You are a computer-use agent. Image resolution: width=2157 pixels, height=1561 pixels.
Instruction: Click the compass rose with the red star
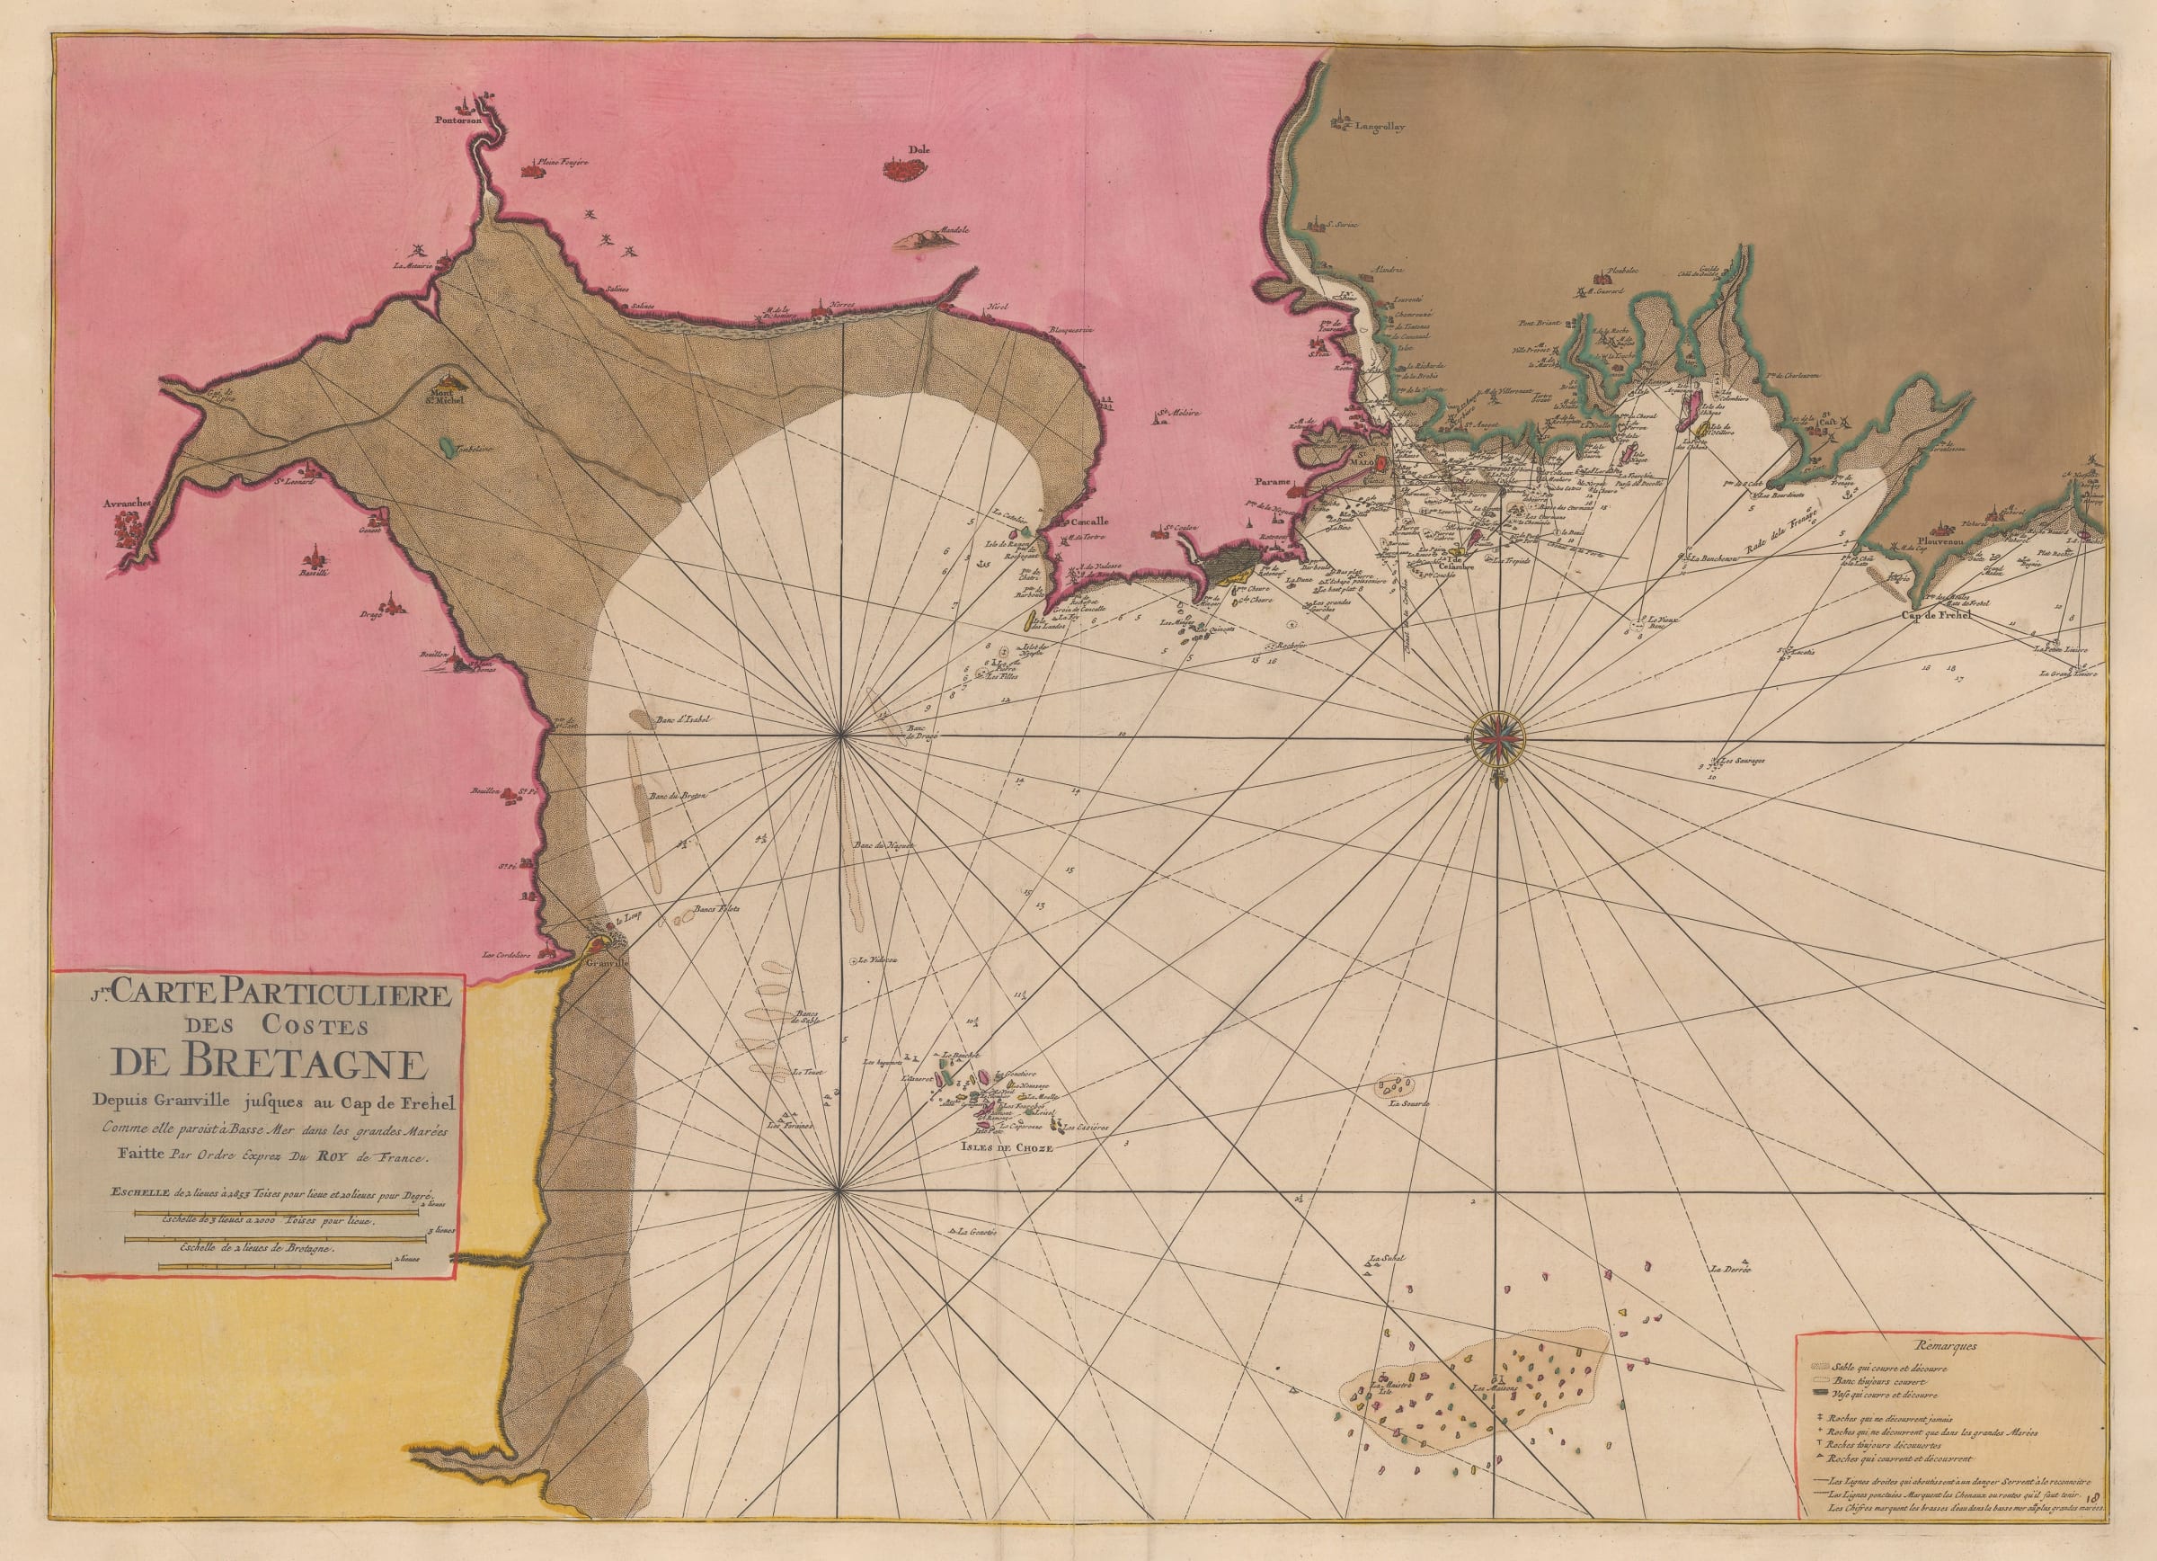(1499, 738)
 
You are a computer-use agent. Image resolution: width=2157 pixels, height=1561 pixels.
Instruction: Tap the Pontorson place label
(455, 121)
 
